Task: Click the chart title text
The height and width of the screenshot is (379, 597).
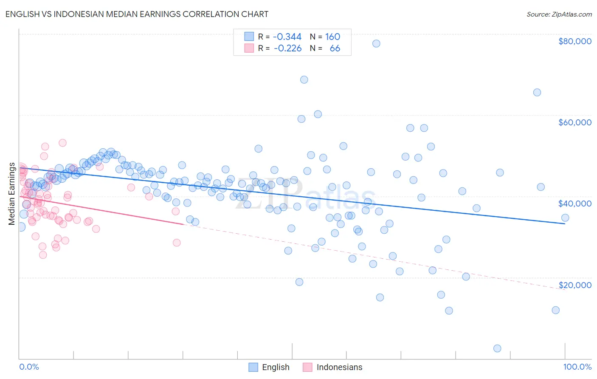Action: [137, 14]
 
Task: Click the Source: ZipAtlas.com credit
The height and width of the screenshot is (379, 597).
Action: [559, 14]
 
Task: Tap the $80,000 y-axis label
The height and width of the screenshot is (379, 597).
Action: [574, 41]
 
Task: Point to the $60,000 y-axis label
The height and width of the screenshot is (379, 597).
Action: [574, 122]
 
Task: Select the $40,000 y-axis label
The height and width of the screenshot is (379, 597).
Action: [574, 204]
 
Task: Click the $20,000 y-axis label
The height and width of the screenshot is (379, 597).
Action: [574, 285]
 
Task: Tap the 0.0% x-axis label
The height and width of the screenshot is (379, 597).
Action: [29, 367]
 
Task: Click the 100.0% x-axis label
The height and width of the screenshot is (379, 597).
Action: [577, 367]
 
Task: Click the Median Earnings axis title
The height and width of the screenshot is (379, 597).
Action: [11, 194]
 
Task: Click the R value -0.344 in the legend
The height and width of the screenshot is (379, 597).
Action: [287, 37]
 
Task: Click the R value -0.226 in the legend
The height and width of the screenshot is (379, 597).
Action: [287, 48]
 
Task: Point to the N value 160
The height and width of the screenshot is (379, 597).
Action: [332, 37]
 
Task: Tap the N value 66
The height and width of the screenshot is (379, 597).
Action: [335, 48]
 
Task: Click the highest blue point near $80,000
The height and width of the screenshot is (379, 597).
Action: [376, 43]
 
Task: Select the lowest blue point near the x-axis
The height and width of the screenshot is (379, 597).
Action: [497, 348]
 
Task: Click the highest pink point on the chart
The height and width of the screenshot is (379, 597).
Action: [62, 143]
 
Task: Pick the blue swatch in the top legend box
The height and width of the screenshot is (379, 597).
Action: [249, 37]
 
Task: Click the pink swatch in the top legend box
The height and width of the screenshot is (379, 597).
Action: [249, 48]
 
